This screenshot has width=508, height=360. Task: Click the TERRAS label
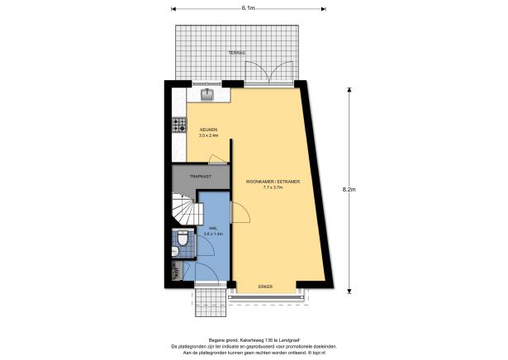click(236, 53)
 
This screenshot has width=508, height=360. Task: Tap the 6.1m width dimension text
click(248, 7)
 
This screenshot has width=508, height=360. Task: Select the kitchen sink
click(207, 95)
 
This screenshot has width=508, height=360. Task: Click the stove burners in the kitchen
click(178, 126)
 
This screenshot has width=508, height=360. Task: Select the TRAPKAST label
click(201, 176)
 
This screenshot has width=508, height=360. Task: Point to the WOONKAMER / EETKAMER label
click(272, 181)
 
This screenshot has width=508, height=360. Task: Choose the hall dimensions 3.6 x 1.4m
click(213, 234)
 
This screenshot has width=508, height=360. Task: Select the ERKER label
click(265, 287)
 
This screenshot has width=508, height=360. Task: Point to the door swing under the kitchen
click(216, 159)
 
